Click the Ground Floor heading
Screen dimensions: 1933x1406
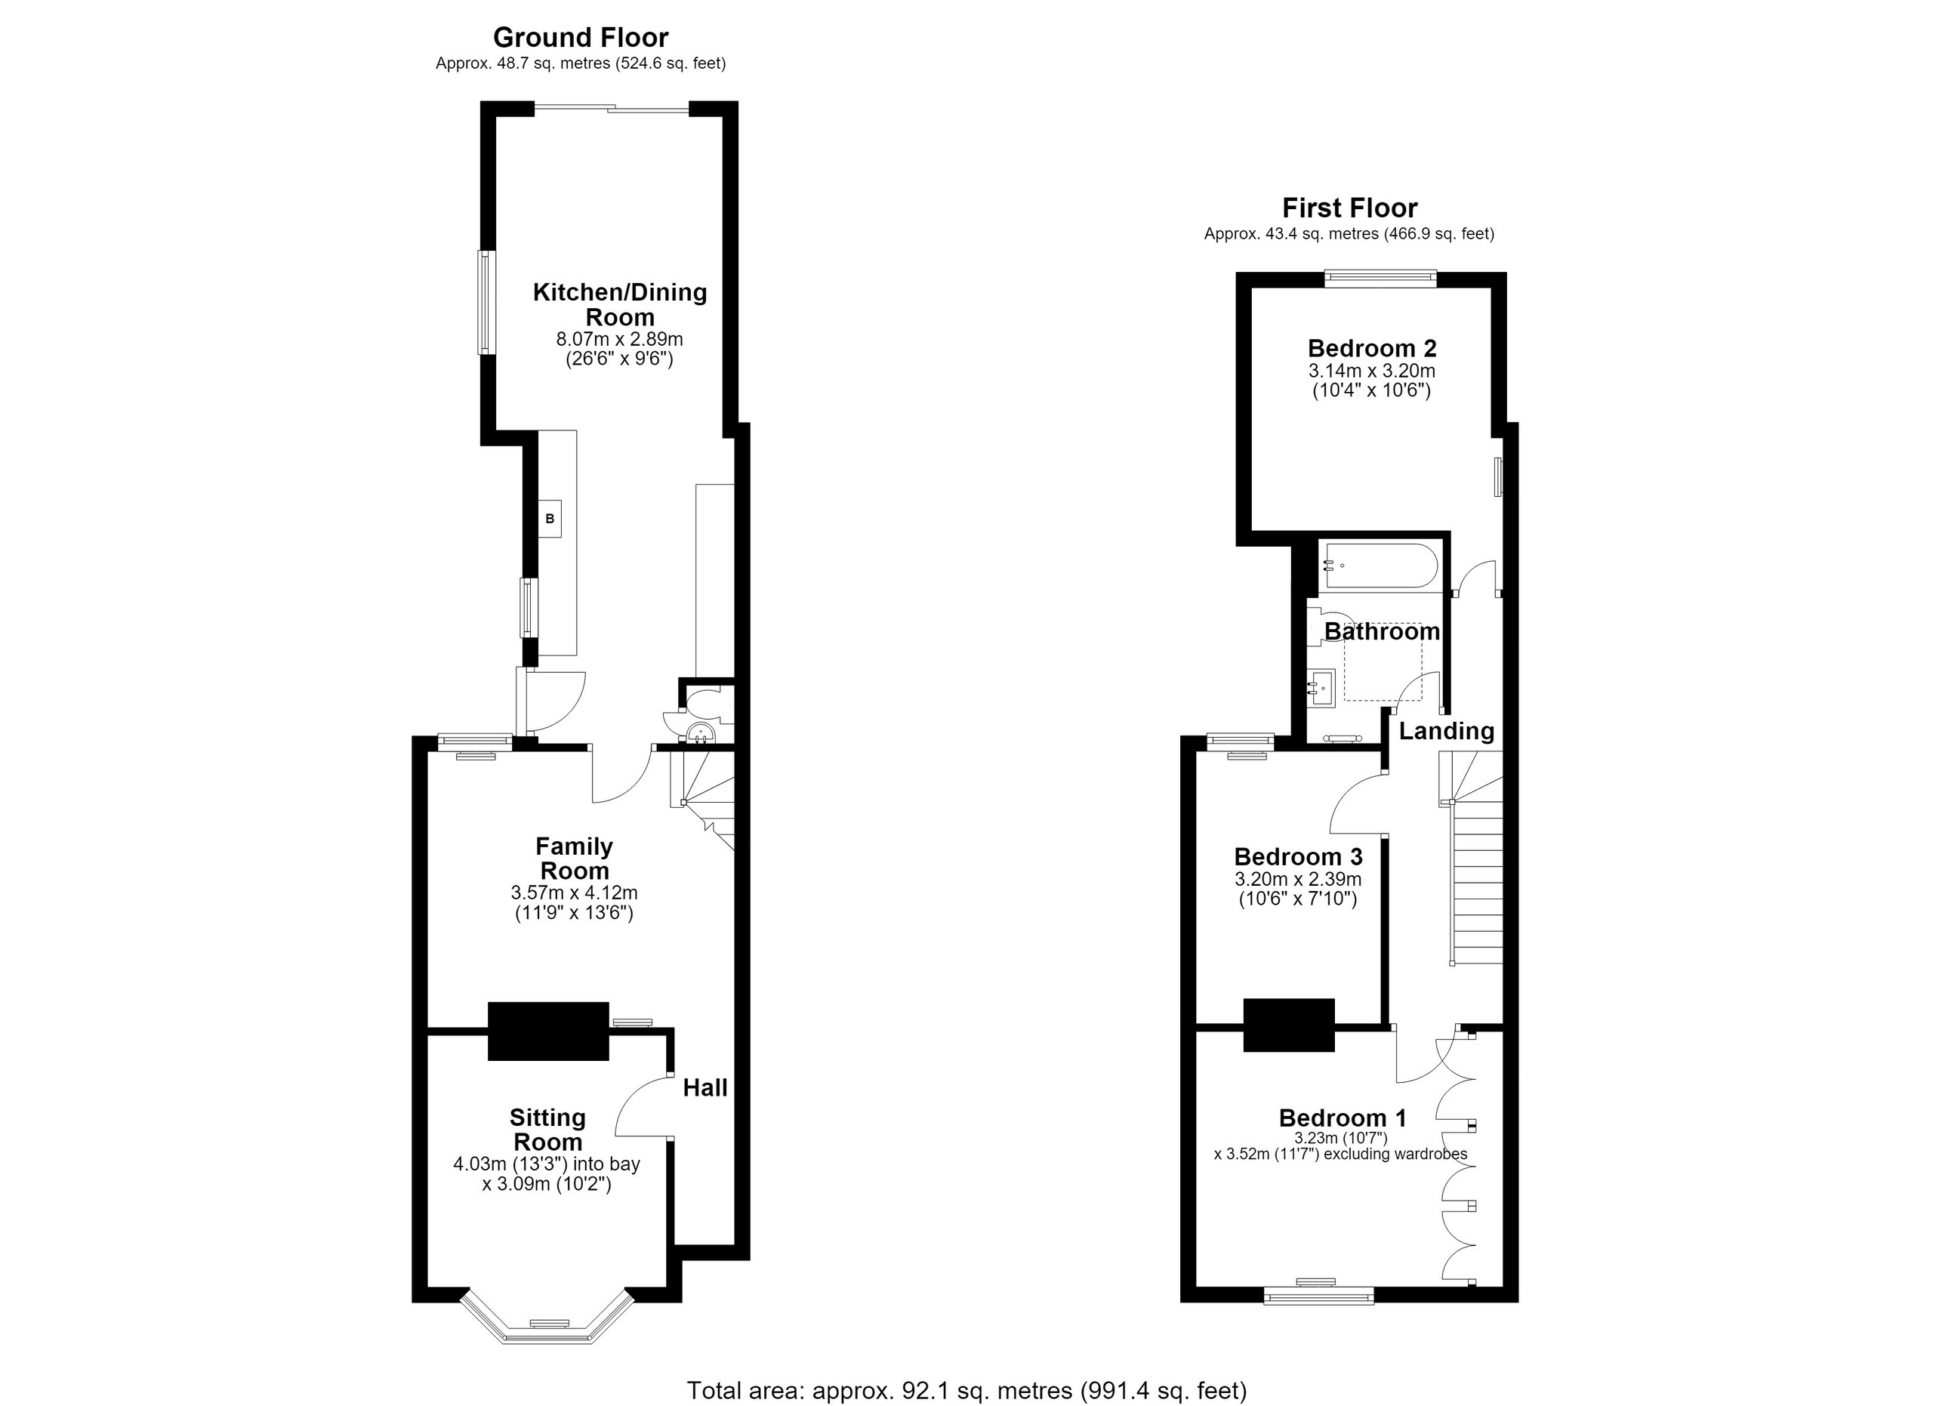pyautogui.click(x=581, y=38)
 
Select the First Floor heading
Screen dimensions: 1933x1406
pyautogui.click(x=1350, y=208)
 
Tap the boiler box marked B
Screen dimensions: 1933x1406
pyautogui.click(x=550, y=518)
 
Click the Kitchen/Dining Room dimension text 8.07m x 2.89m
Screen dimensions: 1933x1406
pyautogui.click(x=620, y=339)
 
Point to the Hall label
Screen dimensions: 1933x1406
pyautogui.click(x=706, y=1087)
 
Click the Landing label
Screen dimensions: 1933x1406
pyautogui.click(x=1446, y=731)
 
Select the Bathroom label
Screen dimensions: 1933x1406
pyautogui.click(x=1382, y=631)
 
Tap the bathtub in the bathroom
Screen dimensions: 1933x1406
pyautogui.click(x=1378, y=566)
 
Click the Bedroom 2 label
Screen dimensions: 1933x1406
pyautogui.click(x=1372, y=349)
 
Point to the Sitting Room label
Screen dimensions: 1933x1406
pyautogui.click(x=547, y=1129)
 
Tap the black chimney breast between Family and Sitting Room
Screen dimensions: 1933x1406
pyautogui.click(x=548, y=1031)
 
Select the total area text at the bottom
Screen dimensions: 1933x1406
pyautogui.click(x=966, y=1391)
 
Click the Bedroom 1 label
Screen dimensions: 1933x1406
pyautogui.click(x=1343, y=1118)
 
